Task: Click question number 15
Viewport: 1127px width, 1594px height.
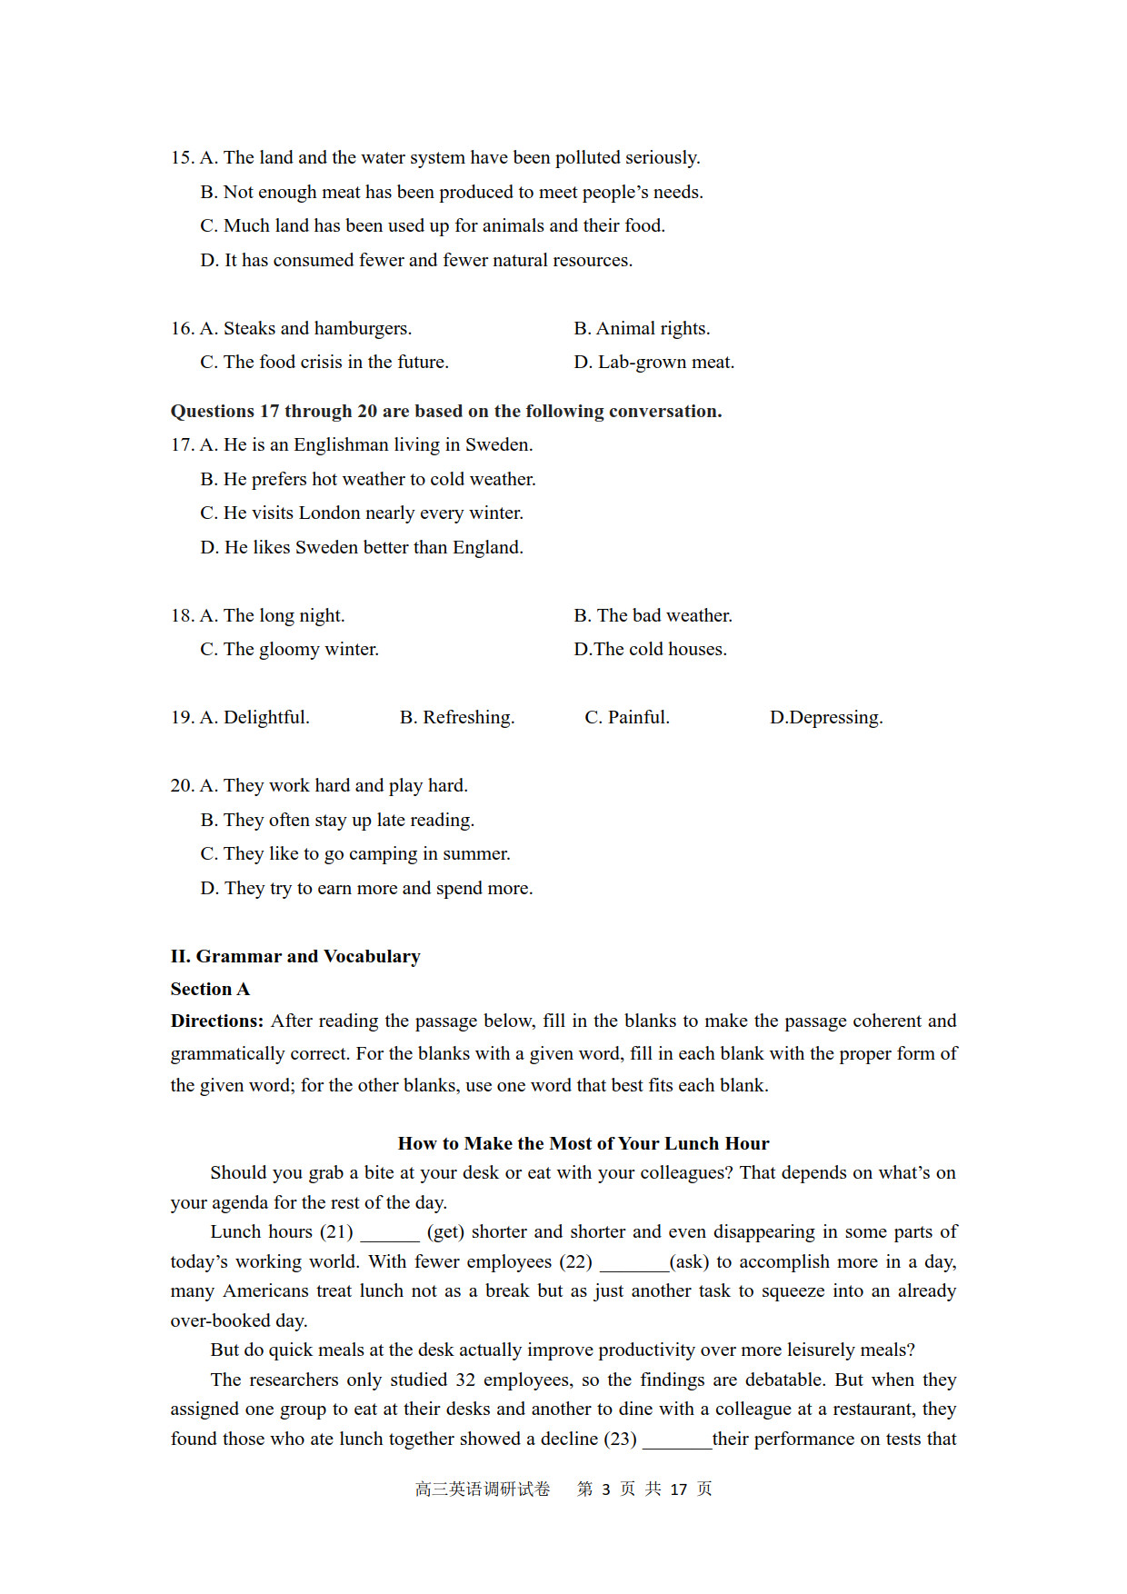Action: pos(182,158)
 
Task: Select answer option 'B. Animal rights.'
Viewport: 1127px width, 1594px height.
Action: pos(642,329)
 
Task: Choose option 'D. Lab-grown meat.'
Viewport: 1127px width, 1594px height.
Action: pos(653,363)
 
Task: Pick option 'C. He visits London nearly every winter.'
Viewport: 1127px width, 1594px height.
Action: pos(362,513)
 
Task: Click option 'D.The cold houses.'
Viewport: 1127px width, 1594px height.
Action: pos(650,650)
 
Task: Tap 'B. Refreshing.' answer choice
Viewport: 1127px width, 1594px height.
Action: pos(457,718)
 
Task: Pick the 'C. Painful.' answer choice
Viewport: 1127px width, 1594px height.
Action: pos(627,718)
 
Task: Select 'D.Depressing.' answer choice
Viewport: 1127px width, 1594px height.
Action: pos(826,718)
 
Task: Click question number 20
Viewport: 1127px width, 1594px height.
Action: pos(182,786)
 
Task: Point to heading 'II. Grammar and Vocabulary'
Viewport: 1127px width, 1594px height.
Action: pos(295,957)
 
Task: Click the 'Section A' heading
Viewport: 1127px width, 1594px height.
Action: pos(210,990)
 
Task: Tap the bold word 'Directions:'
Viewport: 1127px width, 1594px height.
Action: pos(217,1021)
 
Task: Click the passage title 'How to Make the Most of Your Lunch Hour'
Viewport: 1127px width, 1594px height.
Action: pos(583,1144)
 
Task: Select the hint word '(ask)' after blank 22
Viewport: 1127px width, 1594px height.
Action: pos(689,1262)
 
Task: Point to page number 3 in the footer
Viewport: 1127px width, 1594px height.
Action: pos(606,1489)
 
